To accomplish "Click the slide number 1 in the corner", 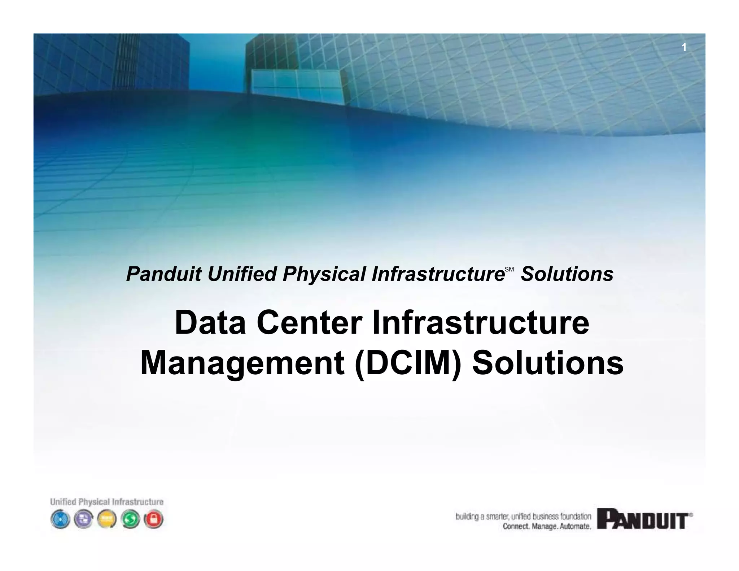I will [x=683, y=48].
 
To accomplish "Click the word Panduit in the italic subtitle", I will [x=163, y=274].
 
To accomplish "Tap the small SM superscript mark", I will [x=509, y=270].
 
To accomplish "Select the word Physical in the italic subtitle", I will [x=324, y=274].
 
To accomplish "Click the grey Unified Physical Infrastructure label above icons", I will [x=107, y=502].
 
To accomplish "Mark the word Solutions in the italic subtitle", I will [x=567, y=274].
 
